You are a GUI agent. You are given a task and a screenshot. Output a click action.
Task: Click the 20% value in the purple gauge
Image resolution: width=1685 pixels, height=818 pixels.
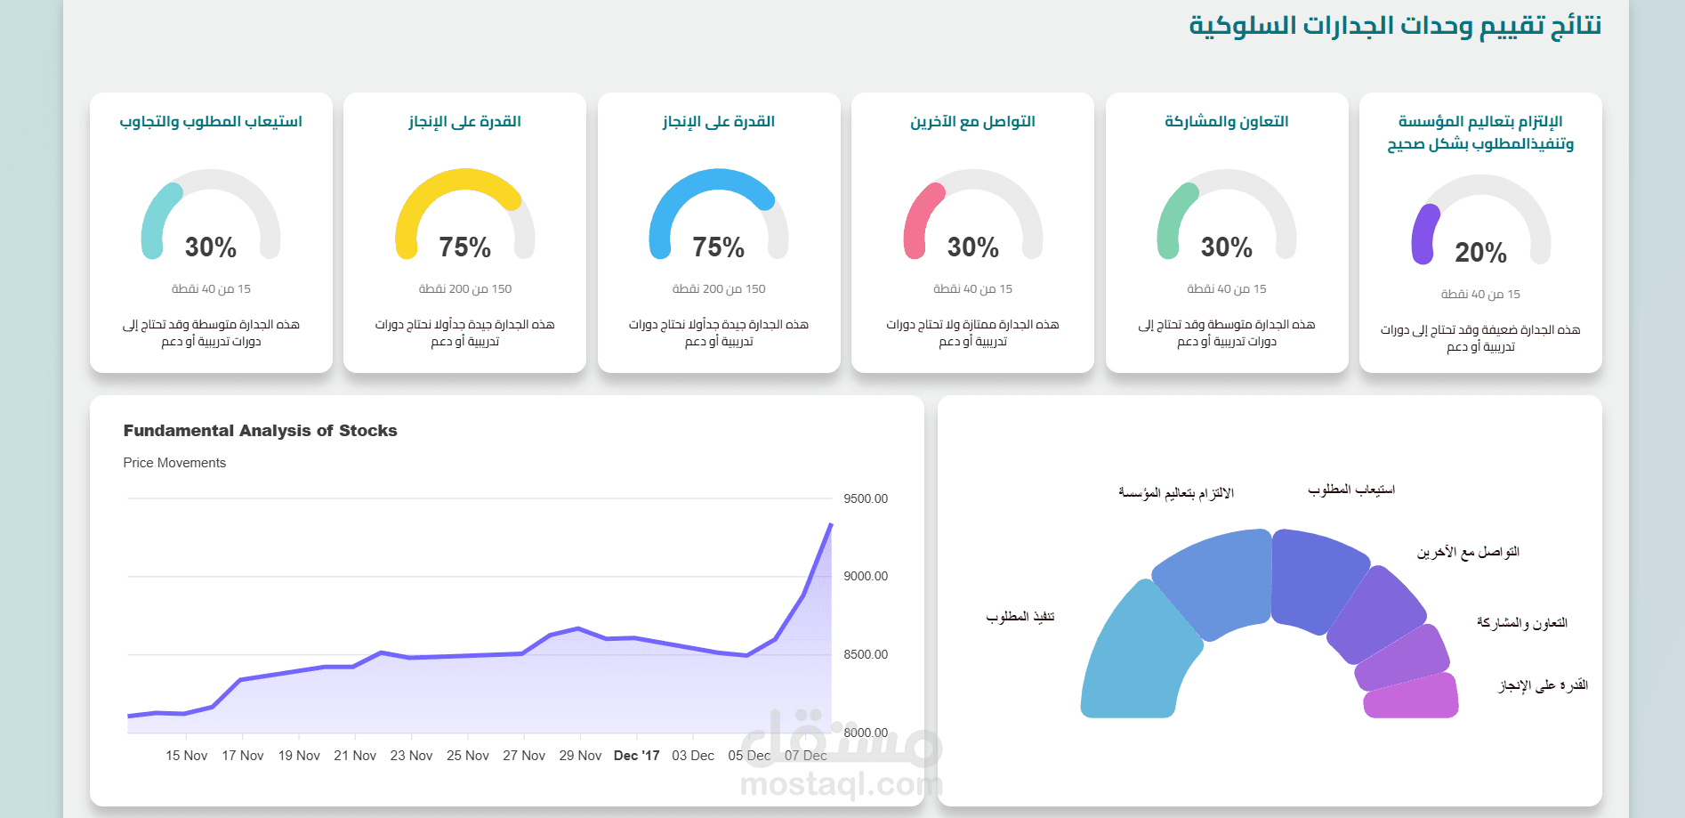1480,253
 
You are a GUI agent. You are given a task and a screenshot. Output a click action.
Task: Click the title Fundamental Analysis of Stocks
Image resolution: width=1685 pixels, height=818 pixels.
260,431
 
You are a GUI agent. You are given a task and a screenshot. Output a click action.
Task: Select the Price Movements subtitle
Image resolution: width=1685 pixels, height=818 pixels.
174,463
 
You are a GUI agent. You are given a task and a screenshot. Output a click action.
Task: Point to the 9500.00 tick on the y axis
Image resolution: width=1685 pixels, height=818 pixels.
866,498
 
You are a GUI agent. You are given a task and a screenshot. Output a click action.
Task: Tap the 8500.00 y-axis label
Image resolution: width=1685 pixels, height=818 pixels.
866,654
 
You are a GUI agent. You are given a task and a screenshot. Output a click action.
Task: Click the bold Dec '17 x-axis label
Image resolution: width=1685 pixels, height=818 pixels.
637,756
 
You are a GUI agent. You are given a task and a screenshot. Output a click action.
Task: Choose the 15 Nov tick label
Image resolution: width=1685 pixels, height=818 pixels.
186,756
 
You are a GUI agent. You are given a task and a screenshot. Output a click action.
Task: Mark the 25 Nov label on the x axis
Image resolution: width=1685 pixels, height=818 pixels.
468,756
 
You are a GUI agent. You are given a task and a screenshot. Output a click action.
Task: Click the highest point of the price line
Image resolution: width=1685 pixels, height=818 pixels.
831,524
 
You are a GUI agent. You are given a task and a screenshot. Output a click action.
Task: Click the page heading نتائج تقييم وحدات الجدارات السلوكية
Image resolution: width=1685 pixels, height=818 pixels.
1395,26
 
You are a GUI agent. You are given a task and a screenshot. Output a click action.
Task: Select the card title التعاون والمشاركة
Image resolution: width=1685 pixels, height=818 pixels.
1227,121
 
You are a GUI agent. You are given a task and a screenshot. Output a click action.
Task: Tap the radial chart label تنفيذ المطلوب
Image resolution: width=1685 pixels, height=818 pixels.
1020,617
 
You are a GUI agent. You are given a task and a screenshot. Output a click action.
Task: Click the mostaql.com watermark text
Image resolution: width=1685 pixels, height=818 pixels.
841,784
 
